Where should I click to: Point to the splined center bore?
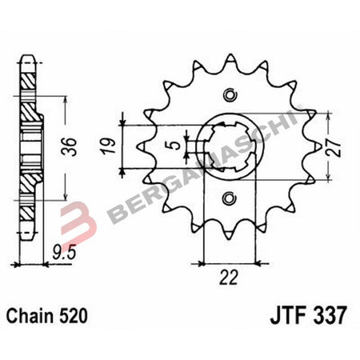tap(230, 146)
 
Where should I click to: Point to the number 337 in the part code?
tap(330, 315)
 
